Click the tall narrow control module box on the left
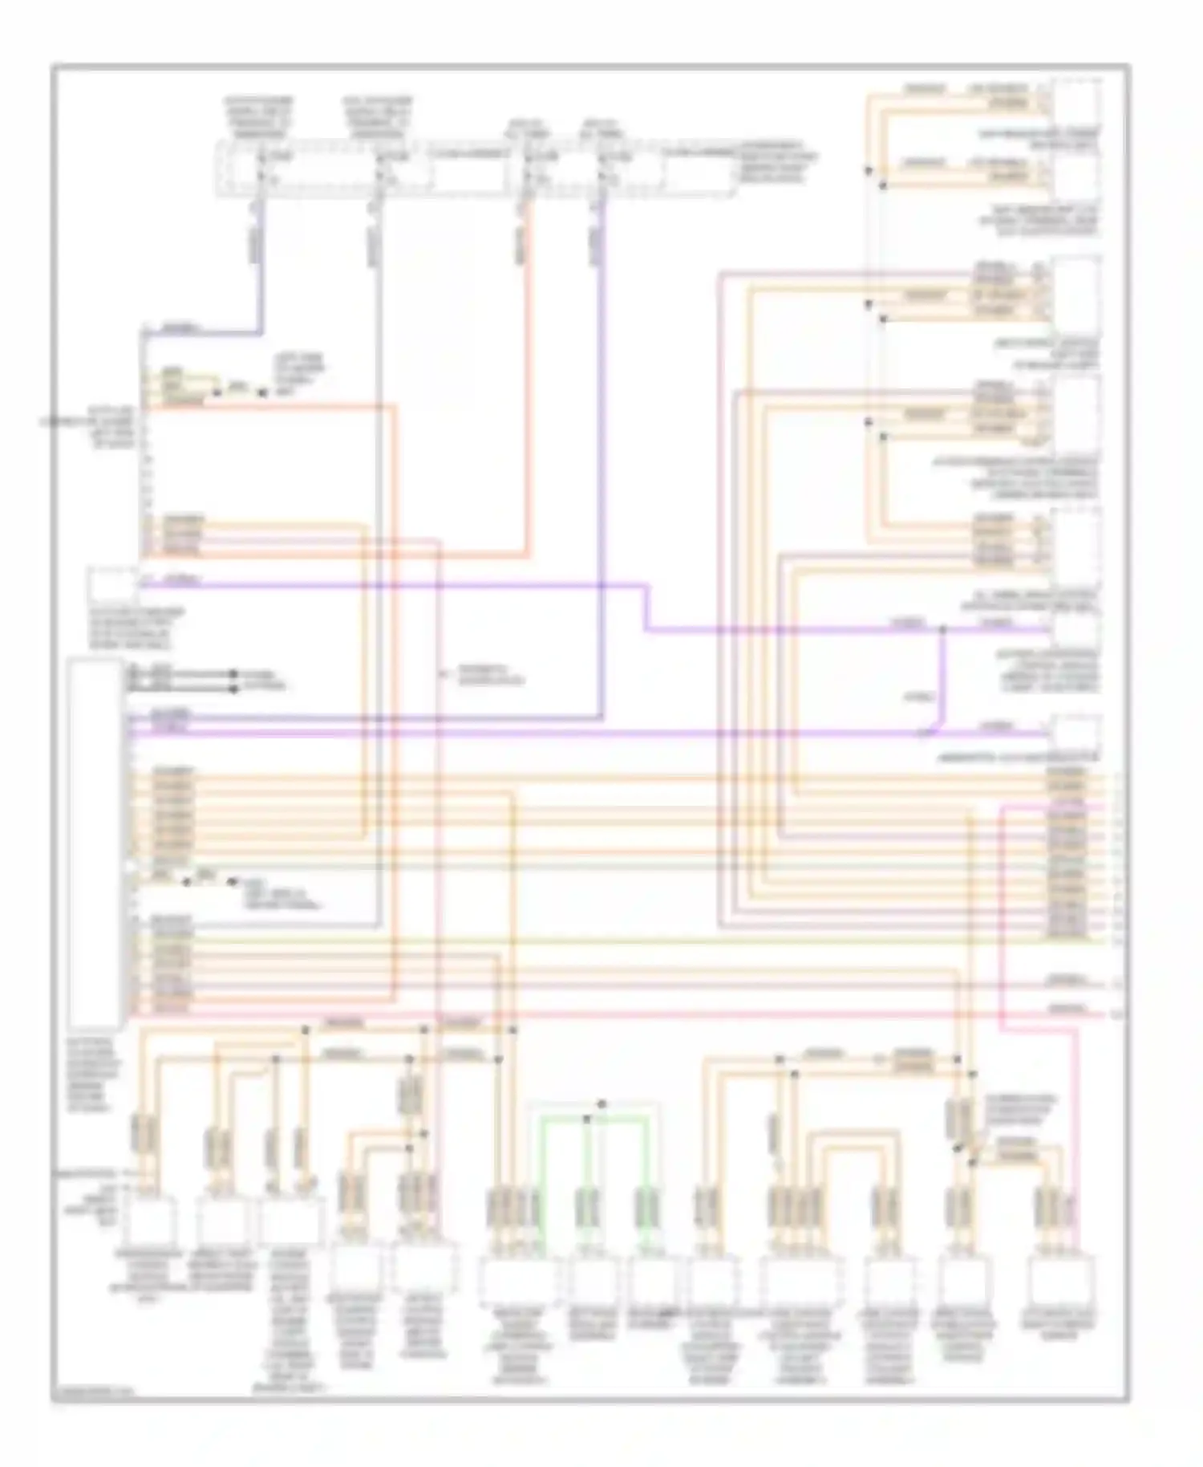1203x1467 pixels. point(95,843)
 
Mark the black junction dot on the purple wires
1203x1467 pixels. point(943,630)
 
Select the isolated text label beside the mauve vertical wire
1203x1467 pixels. point(490,676)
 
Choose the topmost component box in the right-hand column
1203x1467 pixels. point(1076,100)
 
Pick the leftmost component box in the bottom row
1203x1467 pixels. point(149,1220)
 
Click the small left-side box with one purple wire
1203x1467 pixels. point(111,585)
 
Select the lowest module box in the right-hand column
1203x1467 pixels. point(1076,733)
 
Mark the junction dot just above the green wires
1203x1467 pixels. point(601,1104)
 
